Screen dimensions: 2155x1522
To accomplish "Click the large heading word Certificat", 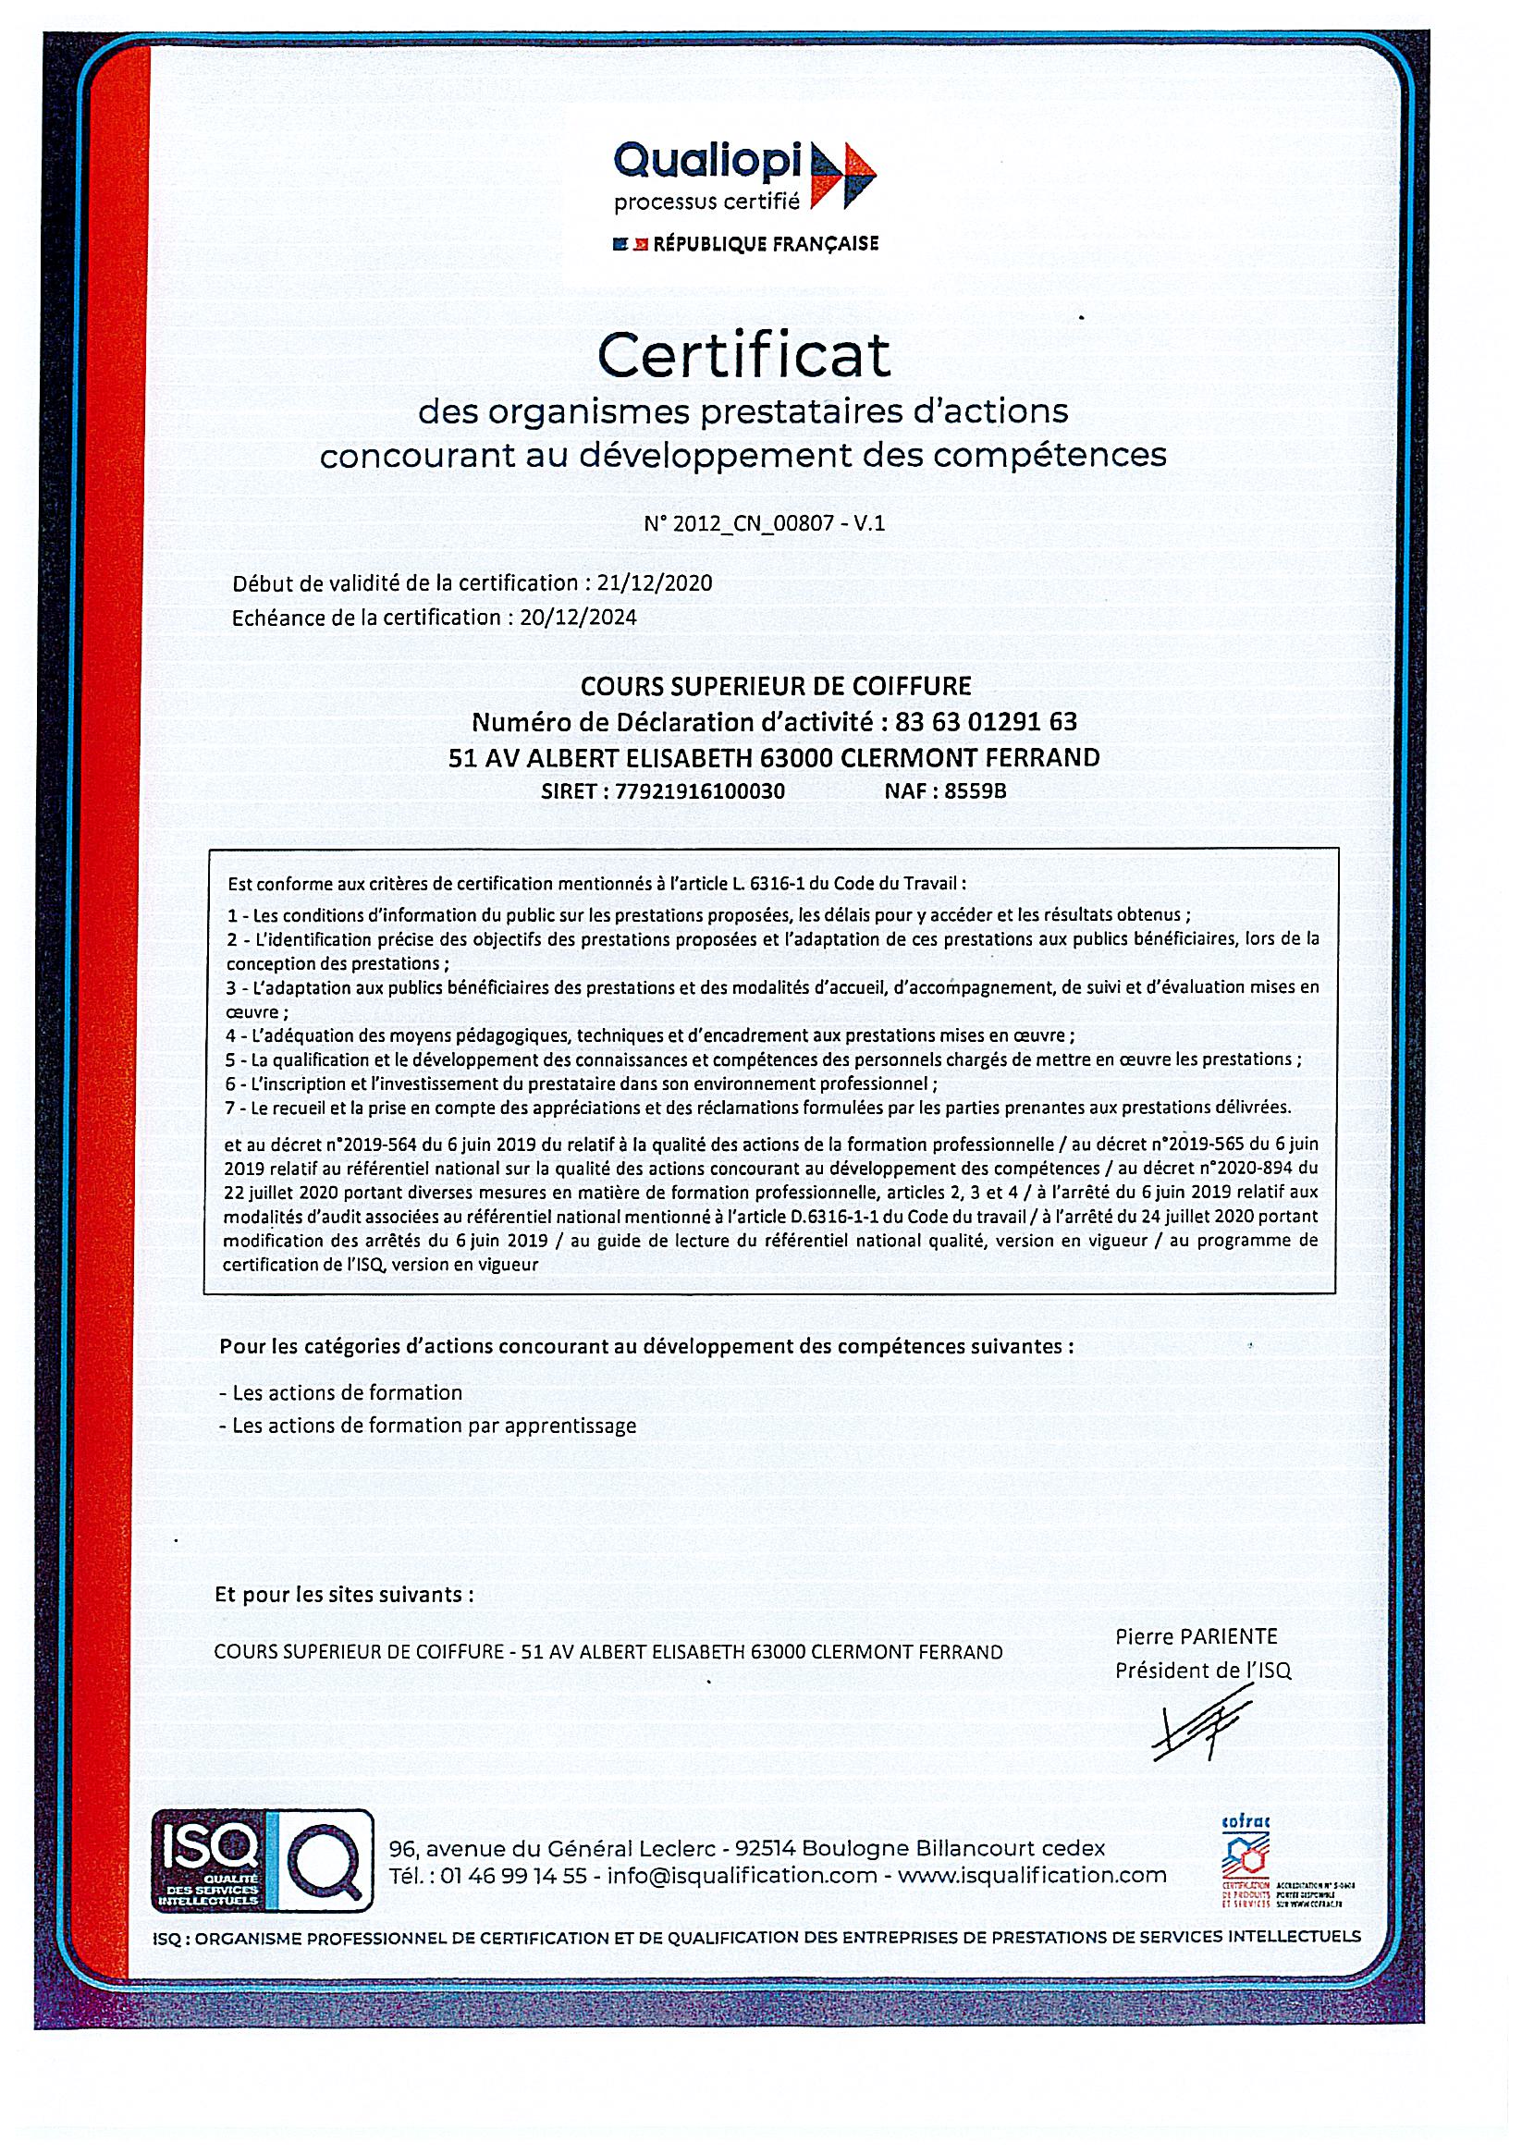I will (x=743, y=356).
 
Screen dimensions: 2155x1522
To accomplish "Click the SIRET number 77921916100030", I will (x=698, y=791).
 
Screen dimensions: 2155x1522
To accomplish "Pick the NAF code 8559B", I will (x=975, y=791).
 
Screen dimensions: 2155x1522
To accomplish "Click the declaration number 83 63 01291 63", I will (x=986, y=722).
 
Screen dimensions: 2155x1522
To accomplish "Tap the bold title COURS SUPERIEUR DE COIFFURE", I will (x=775, y=686).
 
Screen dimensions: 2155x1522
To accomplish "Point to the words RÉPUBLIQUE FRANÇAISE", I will (x=766, y=244).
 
